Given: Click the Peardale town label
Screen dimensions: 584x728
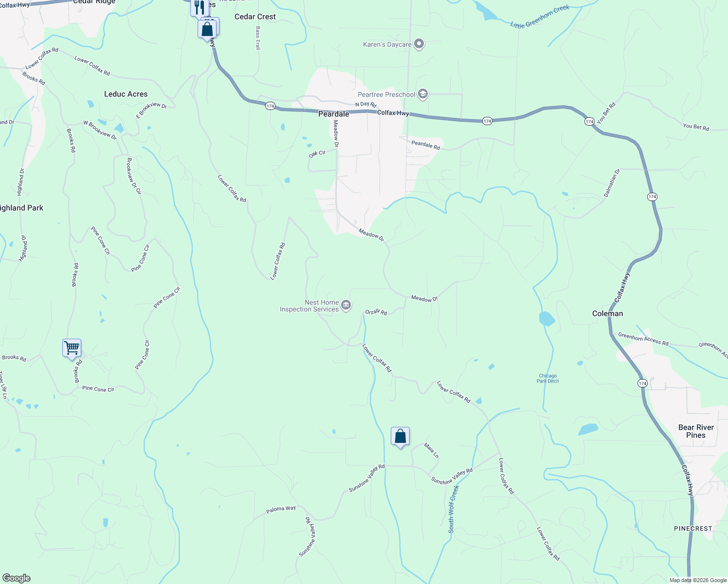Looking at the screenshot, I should point(334,114).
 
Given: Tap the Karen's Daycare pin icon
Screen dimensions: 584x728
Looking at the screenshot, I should point(419,44).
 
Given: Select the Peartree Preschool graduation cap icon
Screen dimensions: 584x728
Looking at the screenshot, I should point(422,94).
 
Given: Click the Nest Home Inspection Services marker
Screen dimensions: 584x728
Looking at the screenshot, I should point(346,306).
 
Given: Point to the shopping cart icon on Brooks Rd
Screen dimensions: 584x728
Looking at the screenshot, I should point(72,348).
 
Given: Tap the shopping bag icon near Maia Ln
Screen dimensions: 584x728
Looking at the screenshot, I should point(400,437).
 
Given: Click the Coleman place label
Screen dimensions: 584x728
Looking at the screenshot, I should point(607,313).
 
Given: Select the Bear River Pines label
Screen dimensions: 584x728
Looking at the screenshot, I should point(696,431).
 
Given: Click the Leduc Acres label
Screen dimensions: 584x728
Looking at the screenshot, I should point(126,94).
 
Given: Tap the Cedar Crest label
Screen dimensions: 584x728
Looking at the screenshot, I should point(255,17).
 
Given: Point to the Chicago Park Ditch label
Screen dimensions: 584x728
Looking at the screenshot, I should point(547,378).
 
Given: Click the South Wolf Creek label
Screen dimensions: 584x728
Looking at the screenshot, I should point(453,509).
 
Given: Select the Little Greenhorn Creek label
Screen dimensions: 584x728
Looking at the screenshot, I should point(540,17).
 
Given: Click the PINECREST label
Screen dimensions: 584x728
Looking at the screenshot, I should point(693,529).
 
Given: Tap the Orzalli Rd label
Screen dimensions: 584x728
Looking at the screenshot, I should point(376,312).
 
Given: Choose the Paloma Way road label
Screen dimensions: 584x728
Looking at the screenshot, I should point(281,510).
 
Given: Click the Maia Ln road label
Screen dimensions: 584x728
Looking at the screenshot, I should point(431,450).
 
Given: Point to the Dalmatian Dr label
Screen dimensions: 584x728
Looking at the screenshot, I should point(612,183).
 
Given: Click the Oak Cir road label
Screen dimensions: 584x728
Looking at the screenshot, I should point(317,154).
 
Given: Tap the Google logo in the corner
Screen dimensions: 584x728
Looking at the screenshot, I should point(16,578).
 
